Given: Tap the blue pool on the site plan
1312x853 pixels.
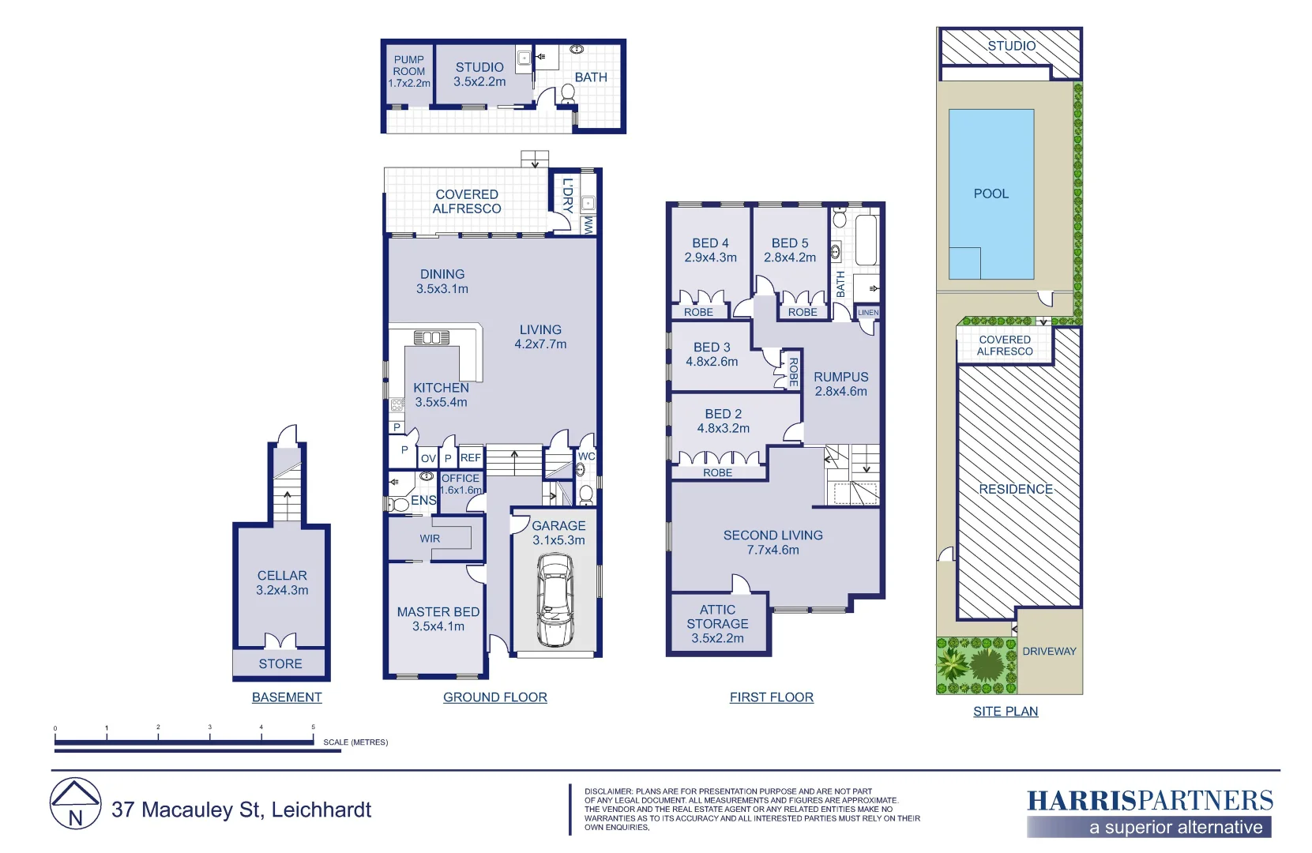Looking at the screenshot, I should tap(991, 194).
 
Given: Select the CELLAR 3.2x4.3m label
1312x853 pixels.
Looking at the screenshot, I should tap(282, 583).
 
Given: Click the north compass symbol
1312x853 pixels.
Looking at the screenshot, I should tap(75, 804).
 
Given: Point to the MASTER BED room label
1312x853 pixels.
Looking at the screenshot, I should tap(438, 619).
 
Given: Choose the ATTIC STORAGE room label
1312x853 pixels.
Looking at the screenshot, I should tap(717, 624).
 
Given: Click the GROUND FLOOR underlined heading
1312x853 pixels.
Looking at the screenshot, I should tap(494, 697).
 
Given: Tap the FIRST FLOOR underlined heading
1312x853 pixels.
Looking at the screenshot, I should tap(771, 697).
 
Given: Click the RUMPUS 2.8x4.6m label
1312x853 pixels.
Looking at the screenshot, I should tap(840, 384).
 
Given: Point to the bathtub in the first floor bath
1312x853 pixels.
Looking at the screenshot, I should tap(867, 239).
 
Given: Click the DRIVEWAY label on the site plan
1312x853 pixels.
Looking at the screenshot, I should tap(1049, 652).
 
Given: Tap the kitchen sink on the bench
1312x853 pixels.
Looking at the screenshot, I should tap(431, 338).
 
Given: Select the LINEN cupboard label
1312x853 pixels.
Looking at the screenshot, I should tap(868, 313).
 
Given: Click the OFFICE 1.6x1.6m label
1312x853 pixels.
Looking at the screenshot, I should tap(461, 484).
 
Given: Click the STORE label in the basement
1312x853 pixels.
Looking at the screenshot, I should tap(280, 664).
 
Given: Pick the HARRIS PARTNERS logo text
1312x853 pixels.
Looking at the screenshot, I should tap(1149, 801).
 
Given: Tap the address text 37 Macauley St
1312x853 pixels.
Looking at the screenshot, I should tap(241, 810).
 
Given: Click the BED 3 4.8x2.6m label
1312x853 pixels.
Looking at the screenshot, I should tap(712, 354).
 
